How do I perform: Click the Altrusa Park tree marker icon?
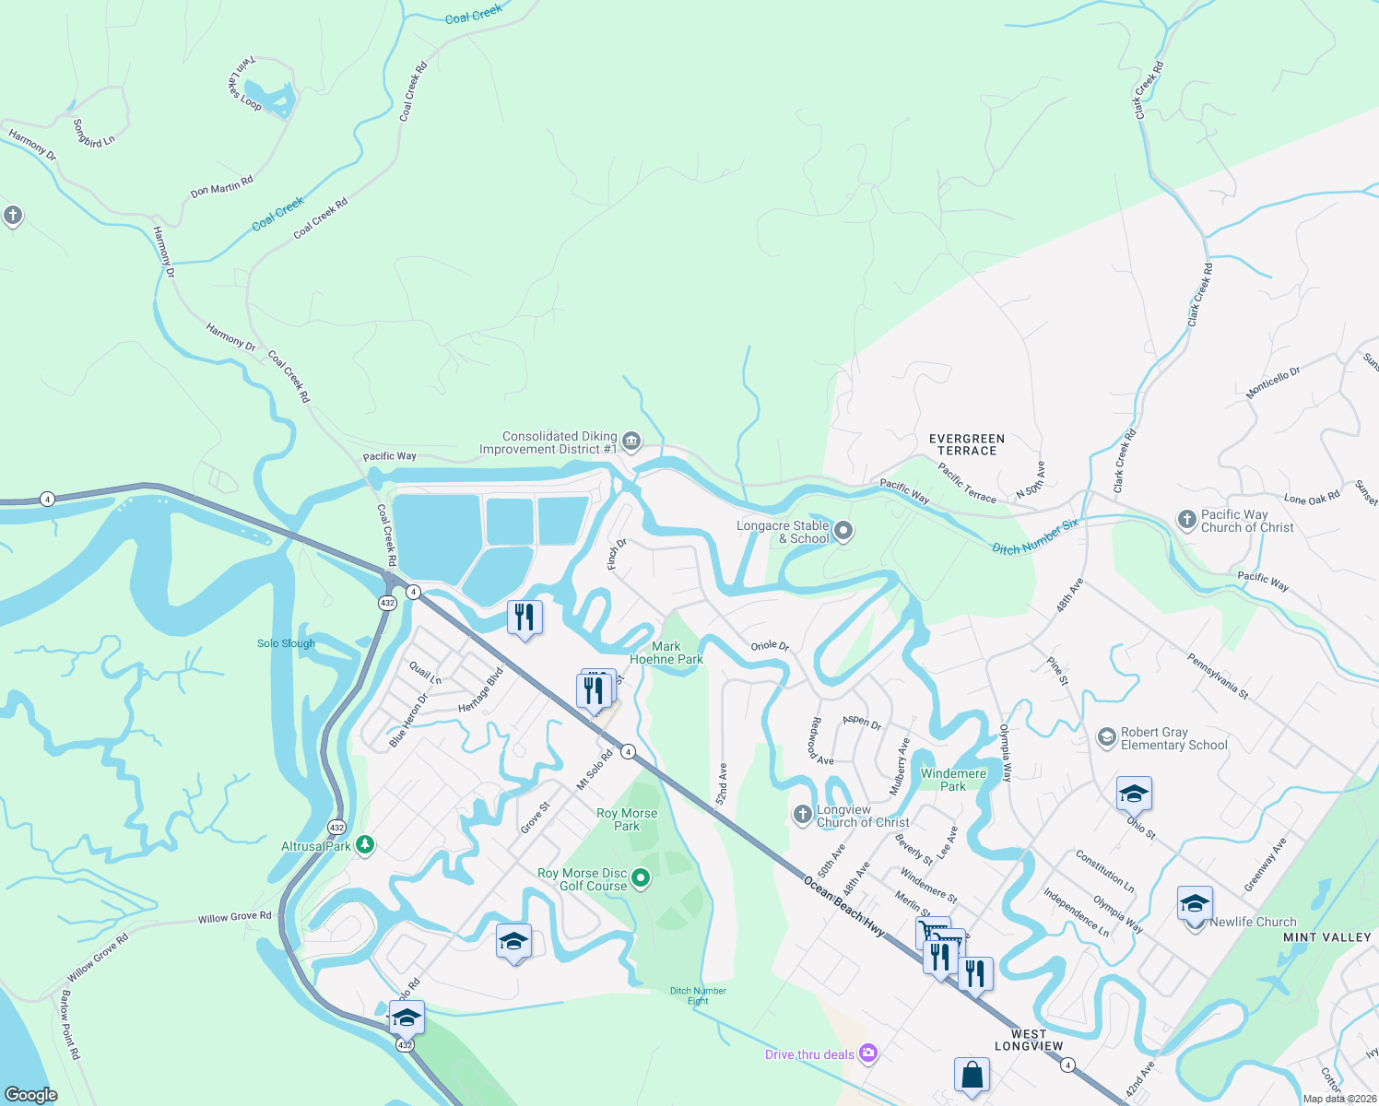365,845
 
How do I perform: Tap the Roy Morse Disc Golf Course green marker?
642,879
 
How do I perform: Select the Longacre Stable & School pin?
843,532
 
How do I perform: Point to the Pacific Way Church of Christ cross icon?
1187,520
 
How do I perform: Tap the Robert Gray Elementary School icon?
1106,738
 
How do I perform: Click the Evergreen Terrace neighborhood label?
967,445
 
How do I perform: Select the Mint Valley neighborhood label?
1327,937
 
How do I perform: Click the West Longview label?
1029,1040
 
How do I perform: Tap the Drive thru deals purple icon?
867,1053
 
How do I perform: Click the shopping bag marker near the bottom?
972,1075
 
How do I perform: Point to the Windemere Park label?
953,780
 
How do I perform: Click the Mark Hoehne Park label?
666,653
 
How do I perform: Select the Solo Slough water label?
286,643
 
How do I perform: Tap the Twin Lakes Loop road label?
245,84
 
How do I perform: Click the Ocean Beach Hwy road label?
843,907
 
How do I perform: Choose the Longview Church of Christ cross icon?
803,815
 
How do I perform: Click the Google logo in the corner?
31,1095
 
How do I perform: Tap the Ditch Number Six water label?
1034,536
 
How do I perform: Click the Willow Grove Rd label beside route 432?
234,917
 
